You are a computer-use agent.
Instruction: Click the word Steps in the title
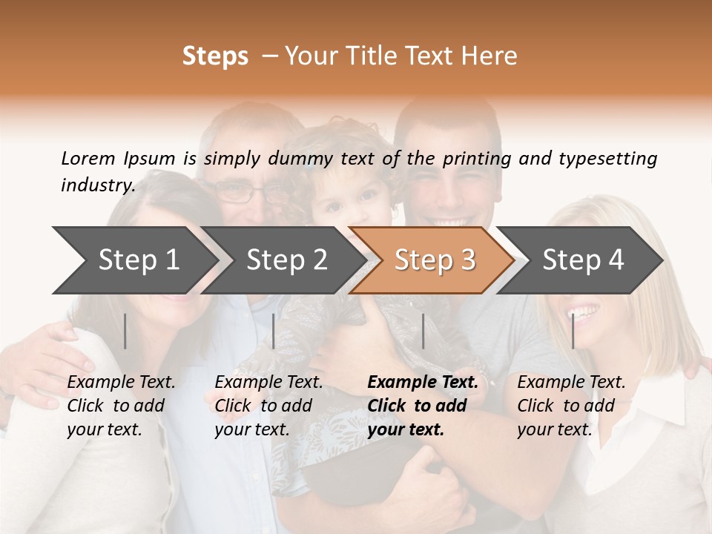tap(215, 56)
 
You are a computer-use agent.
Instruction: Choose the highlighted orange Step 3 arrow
tap(435, 260)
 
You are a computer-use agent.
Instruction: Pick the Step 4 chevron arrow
tap(583, 260)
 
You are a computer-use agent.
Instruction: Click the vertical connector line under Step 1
tap(125, 331)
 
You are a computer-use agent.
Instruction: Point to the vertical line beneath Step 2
tap(274, 331)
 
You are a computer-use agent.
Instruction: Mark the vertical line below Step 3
tap(423, 331)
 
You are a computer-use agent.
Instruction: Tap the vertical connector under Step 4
tap(573, 331)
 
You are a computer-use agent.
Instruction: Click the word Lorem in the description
tap(88, 158)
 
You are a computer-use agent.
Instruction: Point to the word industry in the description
tap(98, 185)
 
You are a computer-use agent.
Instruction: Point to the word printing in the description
tap(478, 159)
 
